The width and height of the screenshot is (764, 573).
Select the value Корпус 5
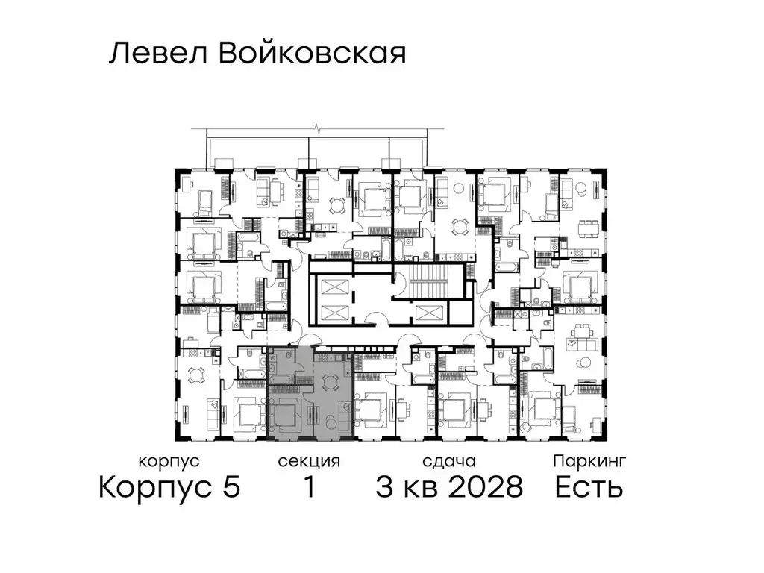tap(169, 488)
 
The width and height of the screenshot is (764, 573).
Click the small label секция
tap(309, 462)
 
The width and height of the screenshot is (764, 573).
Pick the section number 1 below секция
tap(307, 489)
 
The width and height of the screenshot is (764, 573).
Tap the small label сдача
tap(448, 462)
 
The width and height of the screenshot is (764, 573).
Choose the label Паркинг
tap(589, 462)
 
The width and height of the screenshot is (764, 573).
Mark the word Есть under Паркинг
tap(589, 489)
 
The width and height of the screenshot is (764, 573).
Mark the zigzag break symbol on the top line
tap(319, 130)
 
